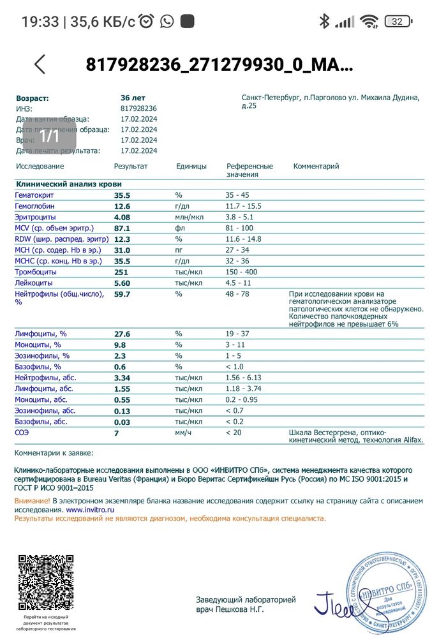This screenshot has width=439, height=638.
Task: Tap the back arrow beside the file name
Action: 40,64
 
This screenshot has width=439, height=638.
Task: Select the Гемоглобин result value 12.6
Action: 122,207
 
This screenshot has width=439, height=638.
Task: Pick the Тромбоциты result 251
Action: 122,272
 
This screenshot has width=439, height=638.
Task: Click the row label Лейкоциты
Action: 33,283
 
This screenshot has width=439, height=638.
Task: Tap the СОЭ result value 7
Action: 117,433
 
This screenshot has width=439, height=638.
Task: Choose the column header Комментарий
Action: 316,167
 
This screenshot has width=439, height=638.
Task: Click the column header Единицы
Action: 191,167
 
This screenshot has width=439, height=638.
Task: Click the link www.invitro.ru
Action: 90,510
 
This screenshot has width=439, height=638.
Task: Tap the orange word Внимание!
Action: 32,501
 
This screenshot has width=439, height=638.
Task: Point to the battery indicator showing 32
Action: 398,22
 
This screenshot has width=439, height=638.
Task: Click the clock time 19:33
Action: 40,22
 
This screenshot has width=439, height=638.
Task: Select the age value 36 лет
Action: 133,98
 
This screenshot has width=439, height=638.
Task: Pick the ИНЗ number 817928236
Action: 138,108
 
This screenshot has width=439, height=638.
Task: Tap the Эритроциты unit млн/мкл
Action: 190,218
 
